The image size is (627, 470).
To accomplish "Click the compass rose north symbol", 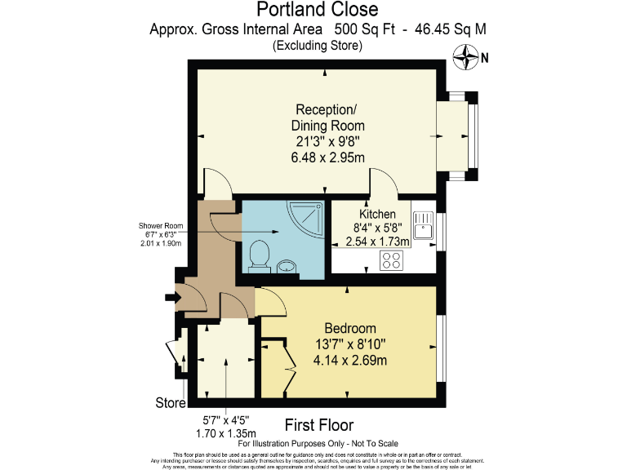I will click(x=467, y=57).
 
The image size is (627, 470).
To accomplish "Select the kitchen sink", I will click(x=424, y=225).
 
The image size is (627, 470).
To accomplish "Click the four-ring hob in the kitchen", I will click(x=392, y=260).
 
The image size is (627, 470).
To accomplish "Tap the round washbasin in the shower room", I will click(x=287, y=265).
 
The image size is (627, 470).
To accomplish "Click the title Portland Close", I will click(x=318, y=10).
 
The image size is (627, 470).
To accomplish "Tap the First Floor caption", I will click(x=318, y=424).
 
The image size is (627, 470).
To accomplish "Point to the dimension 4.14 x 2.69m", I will click(x=349, y=360).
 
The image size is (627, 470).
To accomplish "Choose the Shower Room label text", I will click(x=161, y=226).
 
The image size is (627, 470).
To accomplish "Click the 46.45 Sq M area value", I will click(x=450, y=29).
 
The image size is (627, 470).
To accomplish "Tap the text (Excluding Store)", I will click(x=318, y=46).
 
